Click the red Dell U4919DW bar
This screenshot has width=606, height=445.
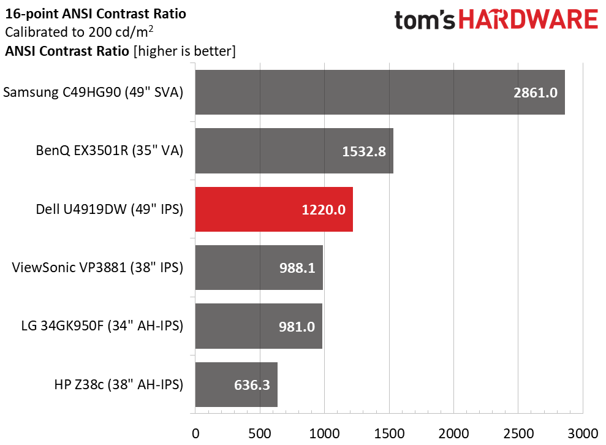[274, 209]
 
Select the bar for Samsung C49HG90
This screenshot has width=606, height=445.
[380, 93]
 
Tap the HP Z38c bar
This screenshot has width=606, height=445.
[236, 385]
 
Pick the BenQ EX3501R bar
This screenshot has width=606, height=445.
[294, 151]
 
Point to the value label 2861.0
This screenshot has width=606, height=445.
[536, 93]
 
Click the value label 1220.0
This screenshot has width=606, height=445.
[324, 210]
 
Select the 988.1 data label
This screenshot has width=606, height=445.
[297, 268]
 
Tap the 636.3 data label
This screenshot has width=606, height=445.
[252, 385]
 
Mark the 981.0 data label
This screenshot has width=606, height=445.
[297, 327]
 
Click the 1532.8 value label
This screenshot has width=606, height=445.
[364, 151]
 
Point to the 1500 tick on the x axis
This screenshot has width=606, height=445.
[389, 433]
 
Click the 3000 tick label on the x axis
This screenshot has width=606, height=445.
[583, 433]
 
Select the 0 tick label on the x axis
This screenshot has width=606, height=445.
[195, 433]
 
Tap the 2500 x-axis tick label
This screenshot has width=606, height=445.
[518, 433]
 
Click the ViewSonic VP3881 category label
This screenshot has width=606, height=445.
[97, 267]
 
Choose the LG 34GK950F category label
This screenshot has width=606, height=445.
[102, 326]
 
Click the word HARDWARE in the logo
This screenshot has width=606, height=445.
[528, 20]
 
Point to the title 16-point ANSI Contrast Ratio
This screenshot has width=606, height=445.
[96, 14]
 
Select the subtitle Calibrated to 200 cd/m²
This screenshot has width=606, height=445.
[79, 32]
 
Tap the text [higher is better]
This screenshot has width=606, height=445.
[184, 51]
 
